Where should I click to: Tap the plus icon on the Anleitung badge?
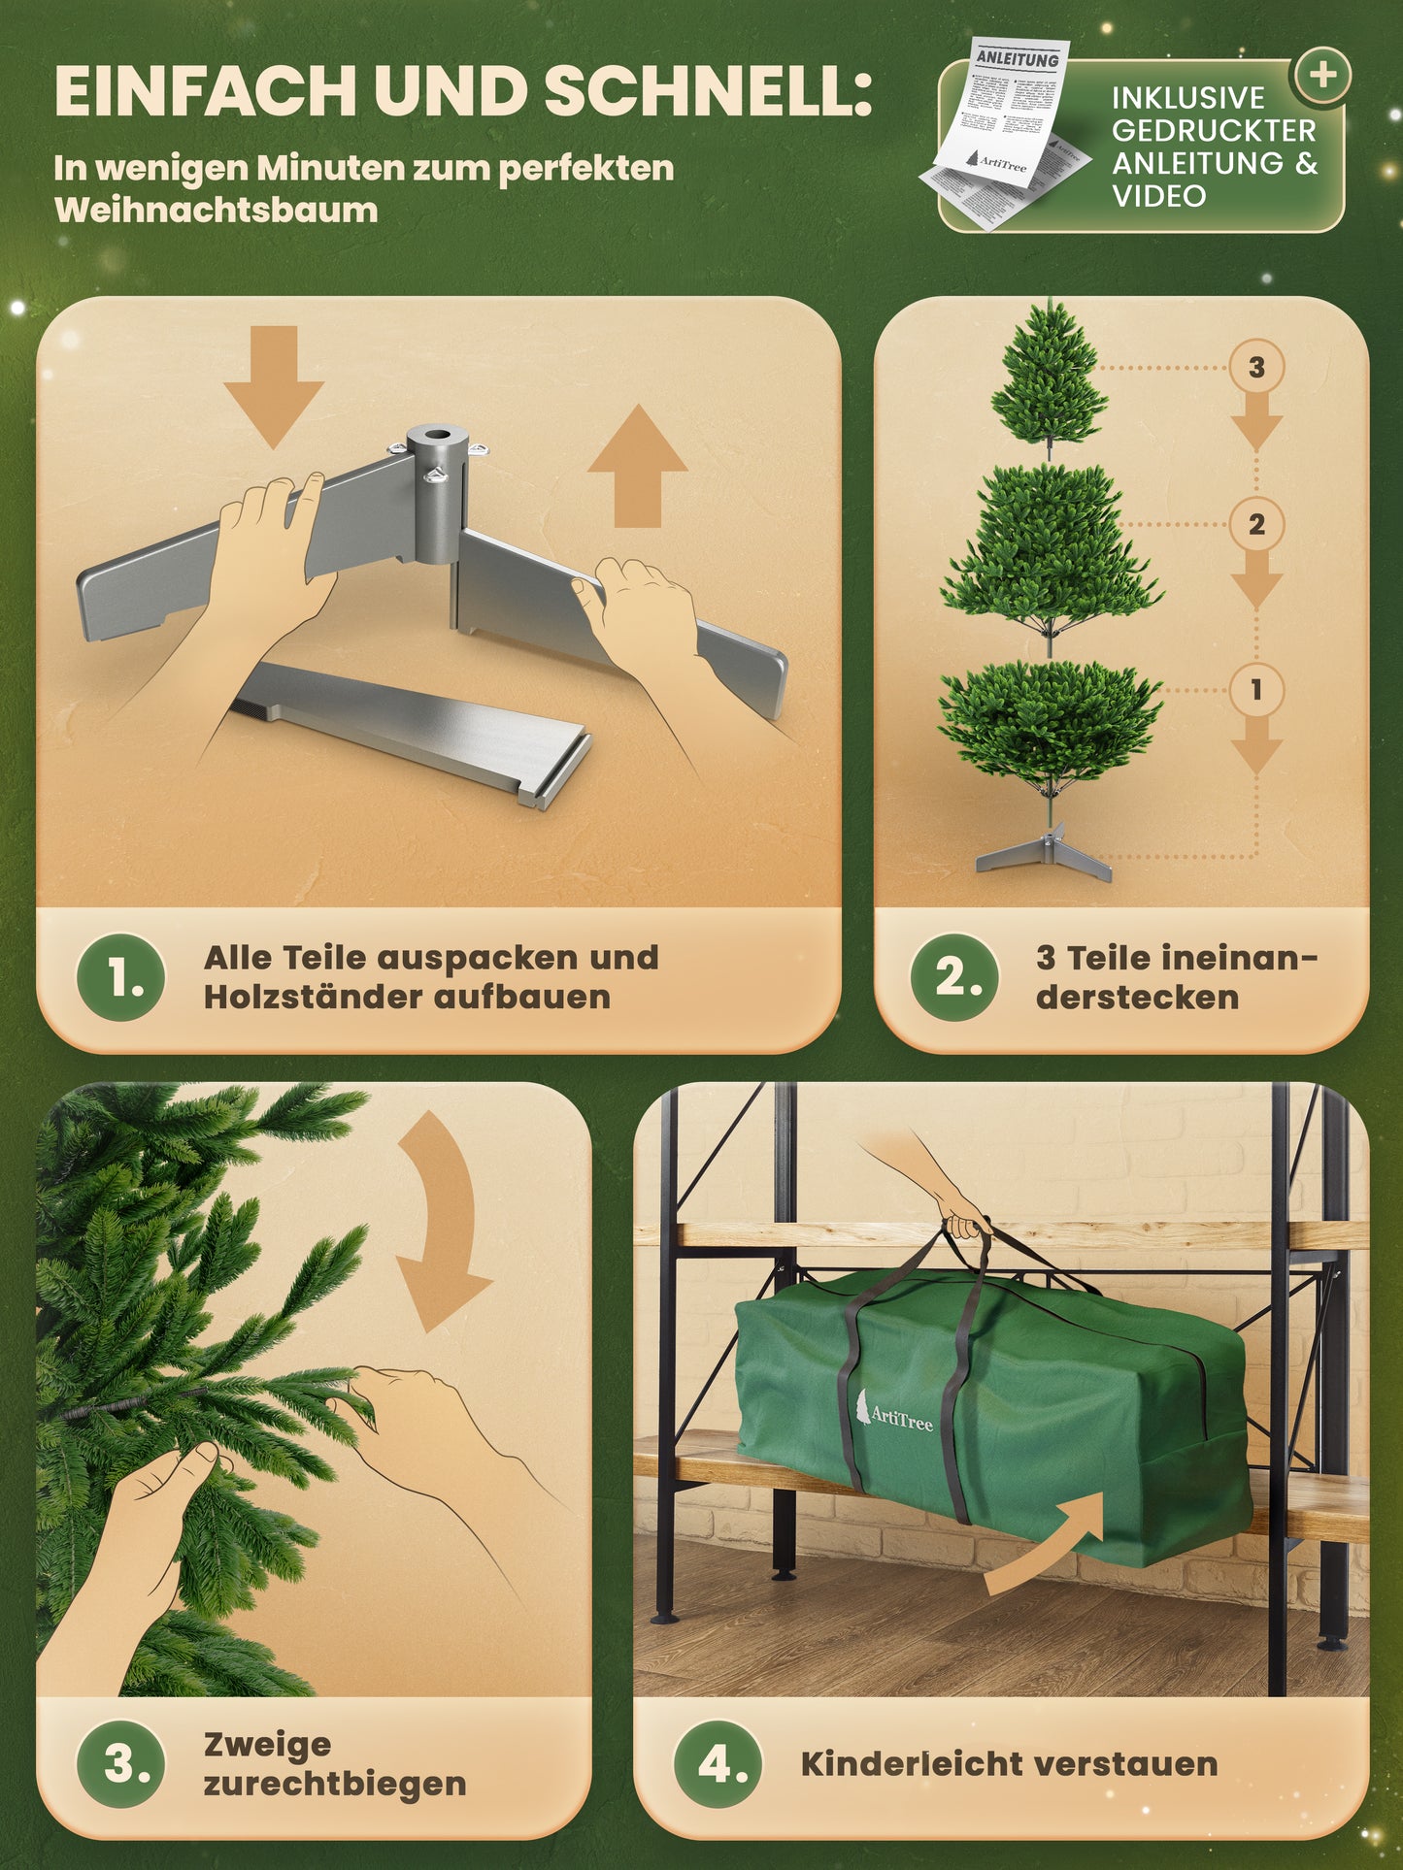[x=1322, y=76]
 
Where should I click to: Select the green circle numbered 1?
[x=120, y=977]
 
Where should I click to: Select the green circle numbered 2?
[x=954, y=977]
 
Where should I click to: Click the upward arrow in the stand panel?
[x=638, y=466]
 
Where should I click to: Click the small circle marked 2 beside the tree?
[x=1256, y=525]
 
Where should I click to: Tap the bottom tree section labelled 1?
[x=1051, y=718]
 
